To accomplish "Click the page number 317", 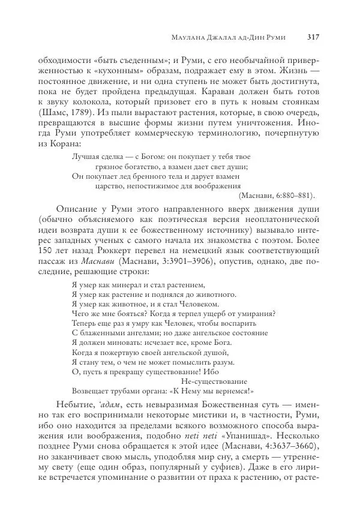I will tap(312, 37).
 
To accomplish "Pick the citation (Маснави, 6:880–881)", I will tap(277, 196).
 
